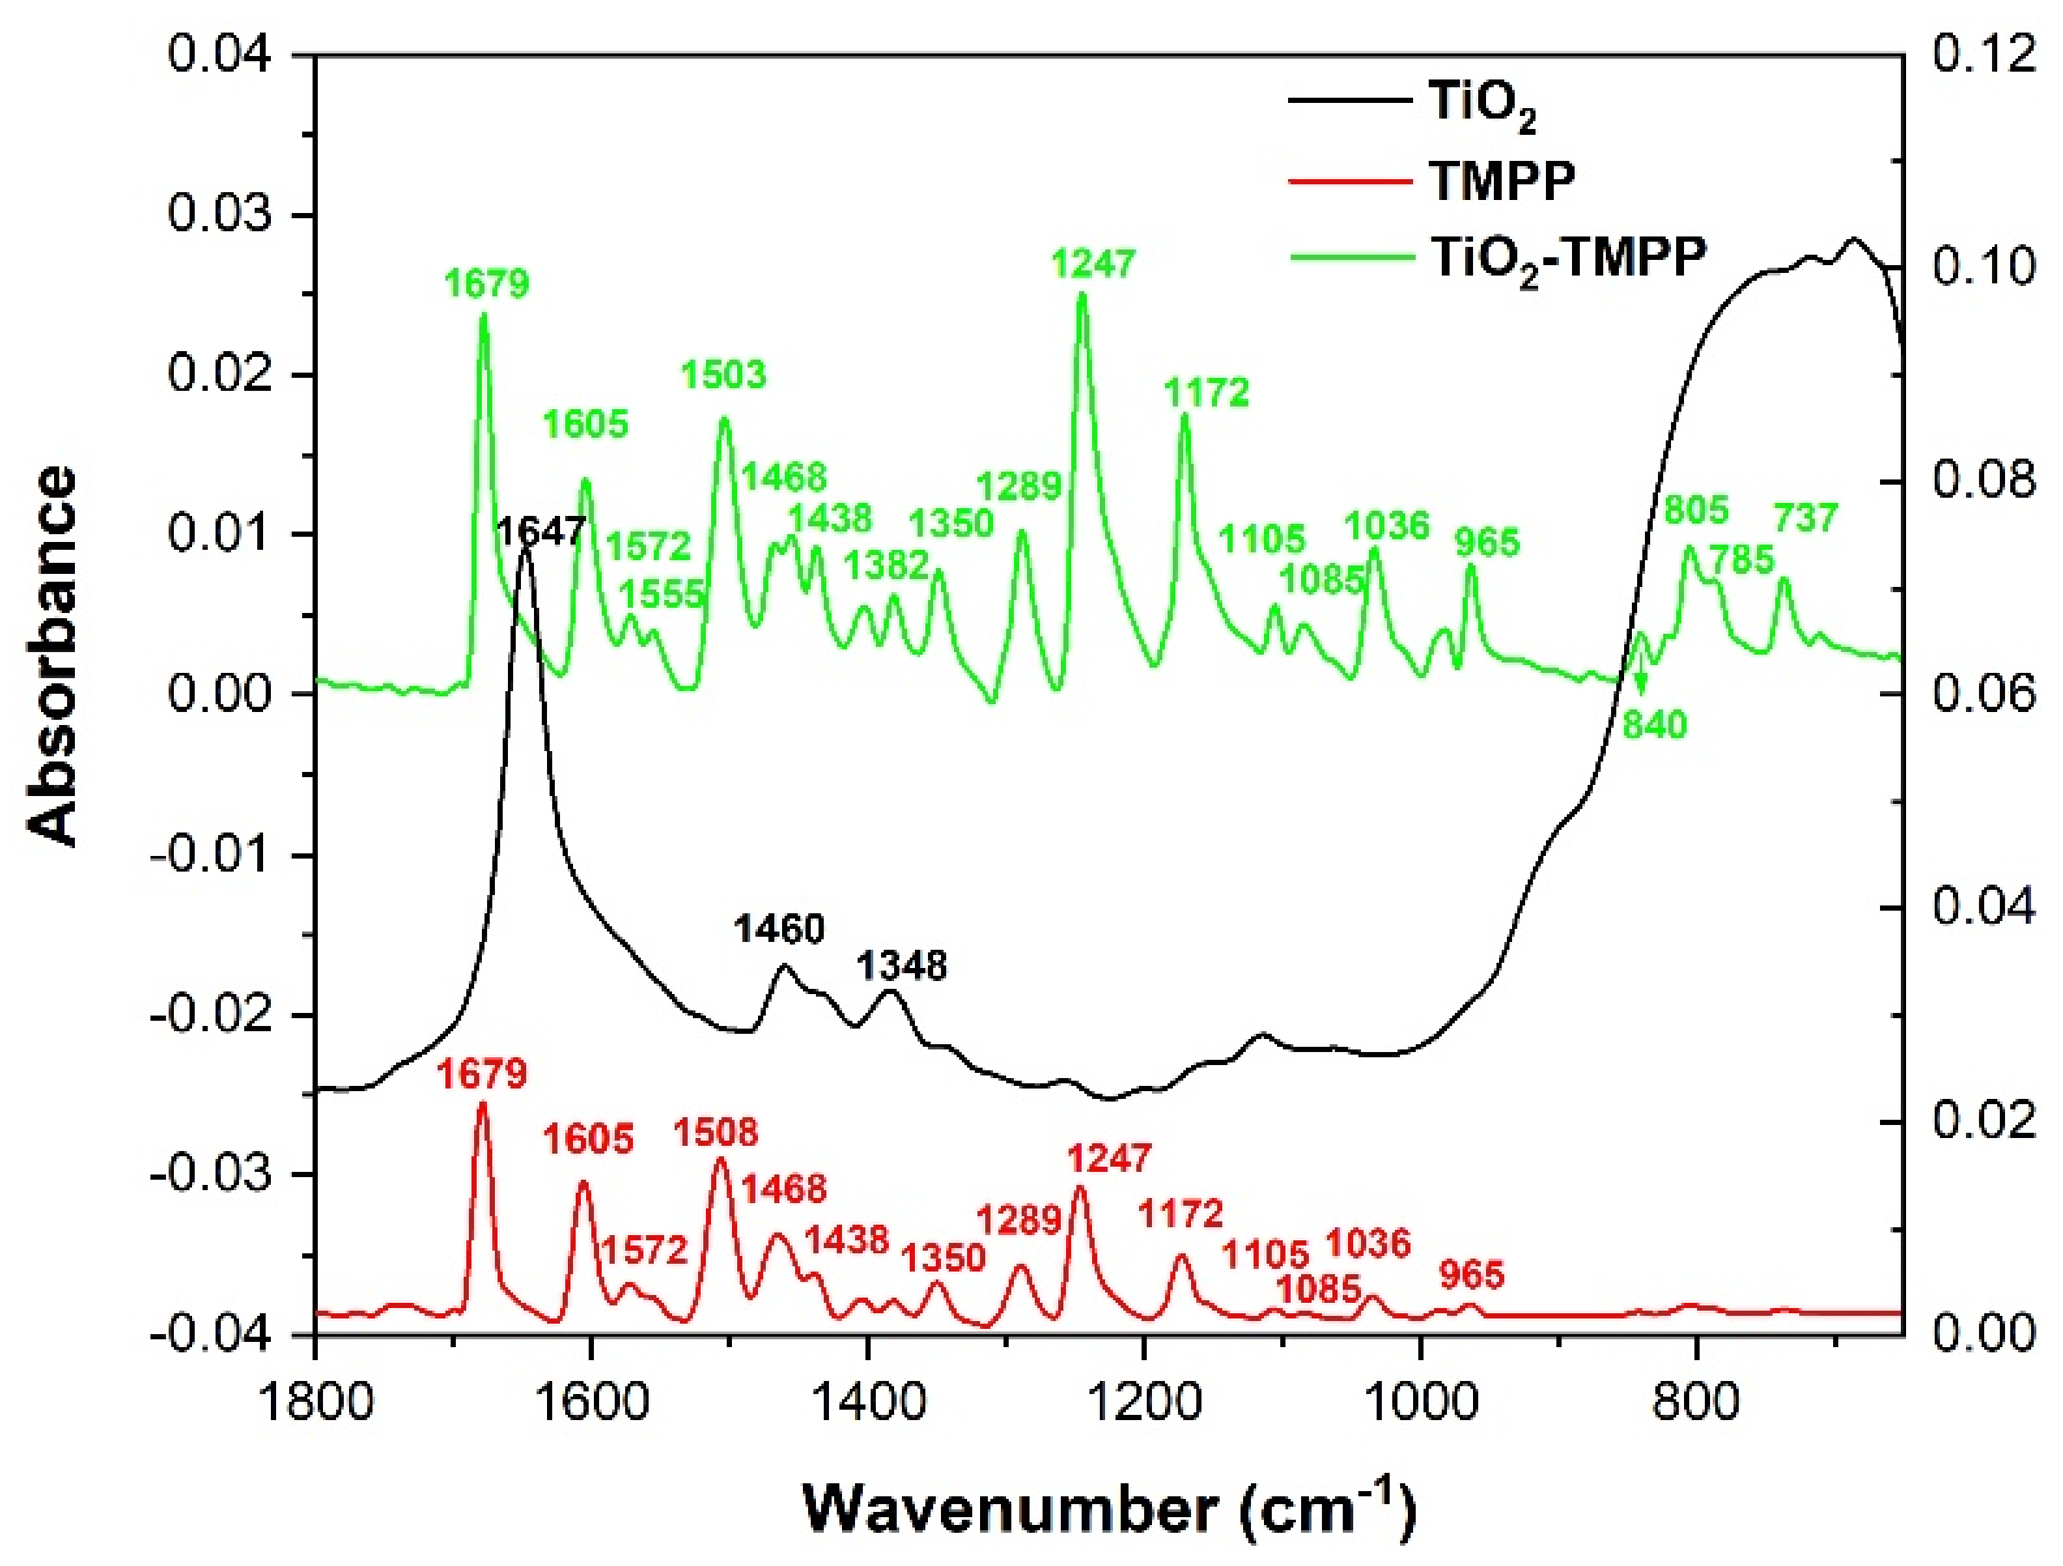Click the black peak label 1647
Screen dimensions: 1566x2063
point(542,533)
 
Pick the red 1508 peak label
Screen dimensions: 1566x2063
point(717,1132)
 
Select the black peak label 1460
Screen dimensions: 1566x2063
point(779,929)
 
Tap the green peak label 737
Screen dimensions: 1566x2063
point(1806,518)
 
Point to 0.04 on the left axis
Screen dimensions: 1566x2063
point(220,54)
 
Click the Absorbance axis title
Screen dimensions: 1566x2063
point(54,657)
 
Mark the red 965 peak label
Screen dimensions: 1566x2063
point(1472,1274)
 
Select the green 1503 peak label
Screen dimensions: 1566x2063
point(723,375)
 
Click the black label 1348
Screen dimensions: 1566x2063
point(902,965)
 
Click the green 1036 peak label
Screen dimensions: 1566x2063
point(1387,526)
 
